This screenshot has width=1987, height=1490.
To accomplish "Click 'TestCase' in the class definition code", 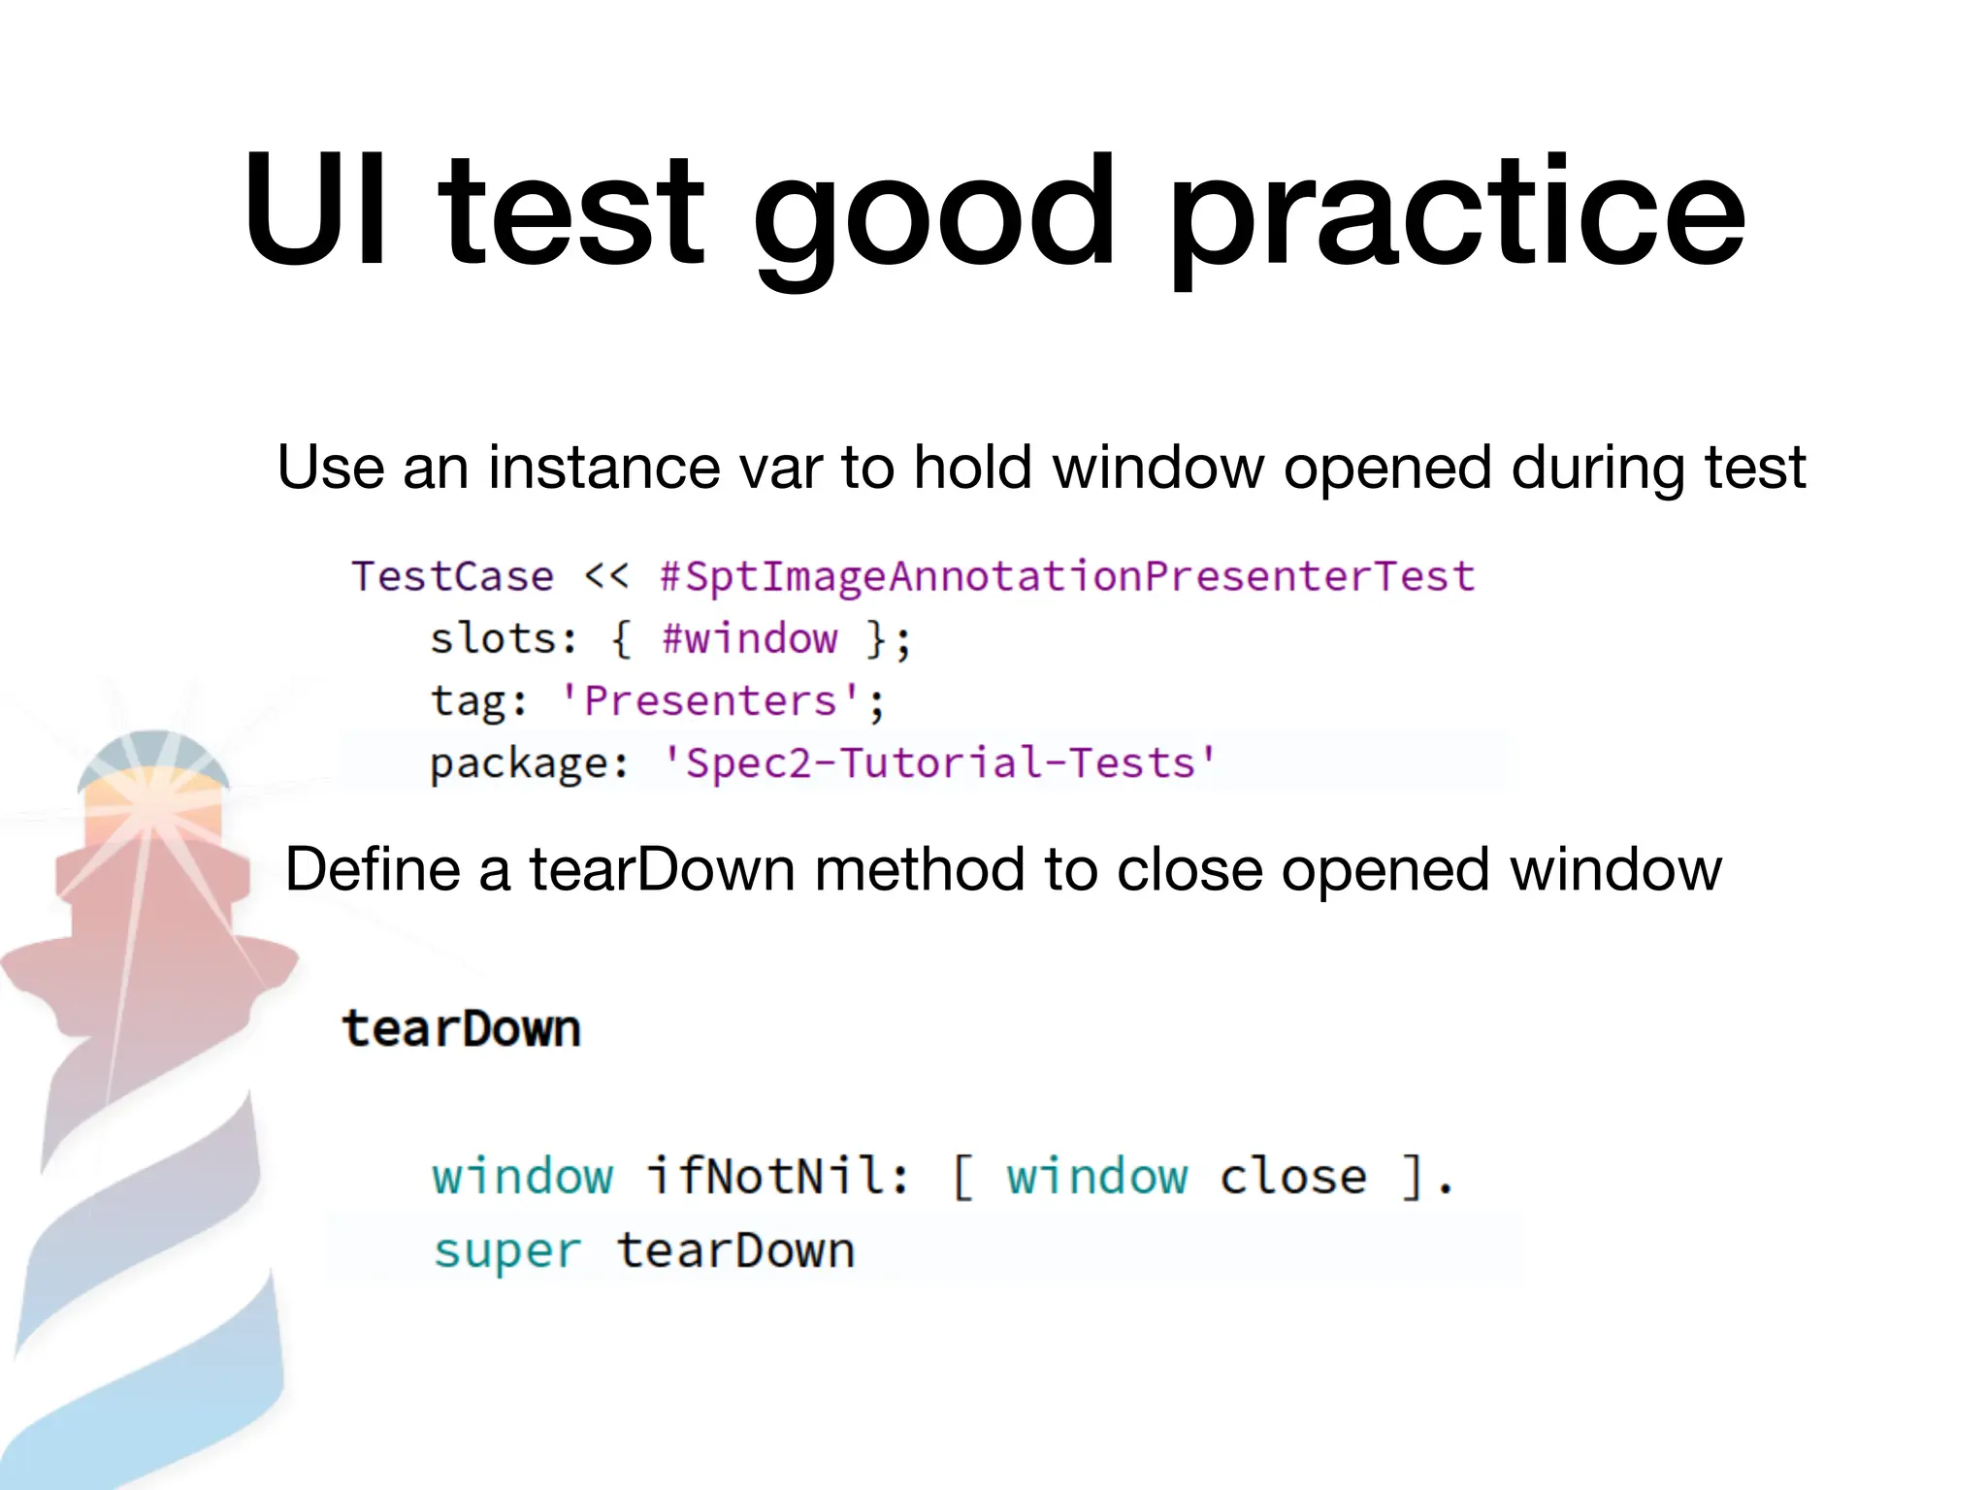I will (x=452, y=576).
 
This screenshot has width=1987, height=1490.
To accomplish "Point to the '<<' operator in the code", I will (x=606, y=575).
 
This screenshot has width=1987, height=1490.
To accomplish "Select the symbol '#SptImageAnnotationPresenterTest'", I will (x=1067, y=576).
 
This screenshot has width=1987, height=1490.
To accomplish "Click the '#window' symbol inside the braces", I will (x=749, y=639).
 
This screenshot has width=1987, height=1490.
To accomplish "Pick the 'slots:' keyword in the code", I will (x=504, y=639).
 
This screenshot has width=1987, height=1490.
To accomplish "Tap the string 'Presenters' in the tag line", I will (x=710, y=701).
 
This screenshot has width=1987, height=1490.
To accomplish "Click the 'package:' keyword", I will (x=530, y=763).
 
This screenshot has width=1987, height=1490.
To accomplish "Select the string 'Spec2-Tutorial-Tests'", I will (x=939, y=762).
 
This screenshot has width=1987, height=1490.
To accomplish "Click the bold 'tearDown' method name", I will (x=462, y=1029).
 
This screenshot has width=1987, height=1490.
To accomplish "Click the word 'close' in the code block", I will (x=1292, y=1177).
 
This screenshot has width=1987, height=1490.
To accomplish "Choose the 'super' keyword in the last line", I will (x=507, y=1250).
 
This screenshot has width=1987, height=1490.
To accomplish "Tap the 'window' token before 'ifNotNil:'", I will (x=523, y=1177).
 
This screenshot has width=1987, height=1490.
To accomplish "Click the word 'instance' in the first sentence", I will (x=604, y=468).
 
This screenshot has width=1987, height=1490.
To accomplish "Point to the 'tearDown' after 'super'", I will (x=736, y=1250).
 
